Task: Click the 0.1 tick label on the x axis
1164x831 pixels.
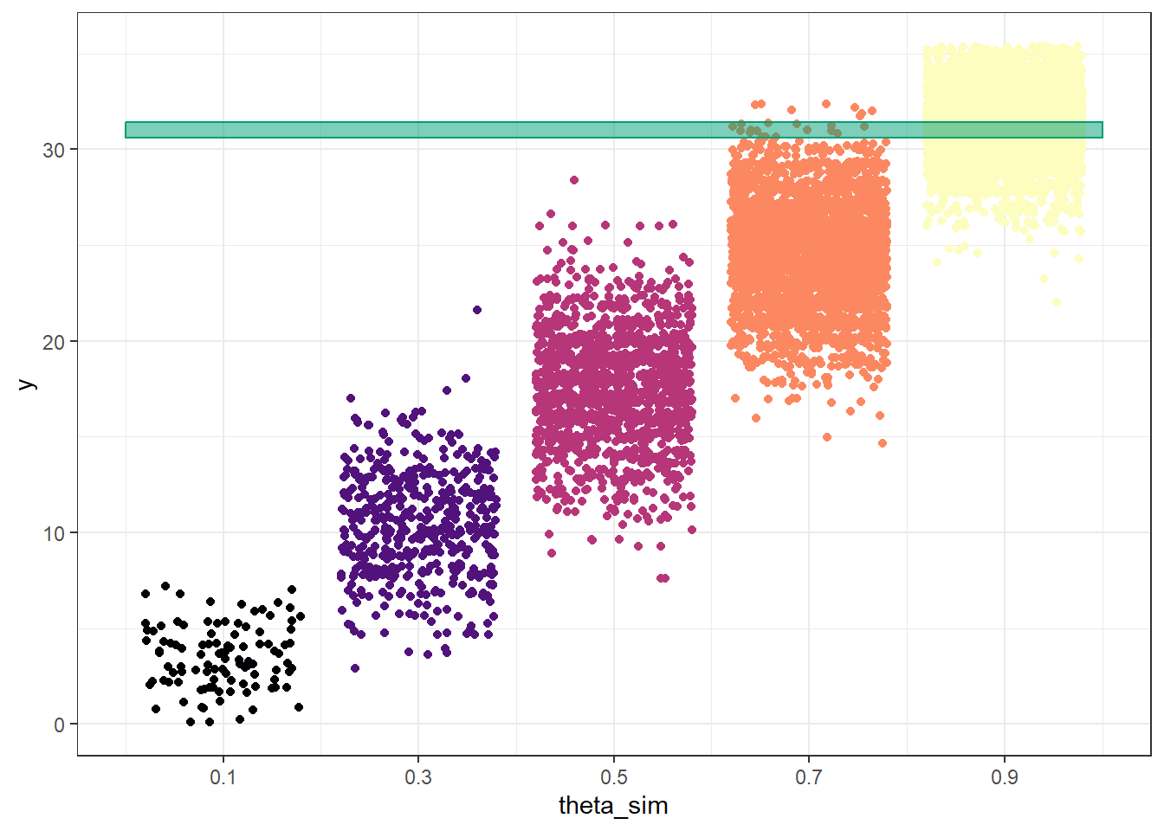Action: click(223, 777)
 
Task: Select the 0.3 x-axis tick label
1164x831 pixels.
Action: click(418, 777)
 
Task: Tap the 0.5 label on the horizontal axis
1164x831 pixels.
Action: click(614, 777)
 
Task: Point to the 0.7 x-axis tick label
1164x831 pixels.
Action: click(809, 777)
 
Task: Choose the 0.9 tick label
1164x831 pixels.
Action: click(1005, 777)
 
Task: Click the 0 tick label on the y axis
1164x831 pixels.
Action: click(59, 725)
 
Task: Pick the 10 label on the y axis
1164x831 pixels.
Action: click(54, 533)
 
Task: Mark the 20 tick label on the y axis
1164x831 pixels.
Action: click(54, 342)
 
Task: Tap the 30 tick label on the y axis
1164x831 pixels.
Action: click(54, 150)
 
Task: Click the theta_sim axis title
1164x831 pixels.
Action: click(613, 806)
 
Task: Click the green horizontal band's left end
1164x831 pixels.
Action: click(127, 130)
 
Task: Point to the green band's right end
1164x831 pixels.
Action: click(1101, 130)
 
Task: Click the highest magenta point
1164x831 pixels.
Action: click(574, 180)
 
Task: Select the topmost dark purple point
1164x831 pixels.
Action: click(477, 310)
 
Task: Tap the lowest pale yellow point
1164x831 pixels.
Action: click(1057, 302)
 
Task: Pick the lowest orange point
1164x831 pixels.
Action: click(883, 443)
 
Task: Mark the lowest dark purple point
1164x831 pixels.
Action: click(355, 668)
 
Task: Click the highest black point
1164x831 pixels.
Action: click(165, 586)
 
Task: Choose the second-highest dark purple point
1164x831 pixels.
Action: click(466, 378)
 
